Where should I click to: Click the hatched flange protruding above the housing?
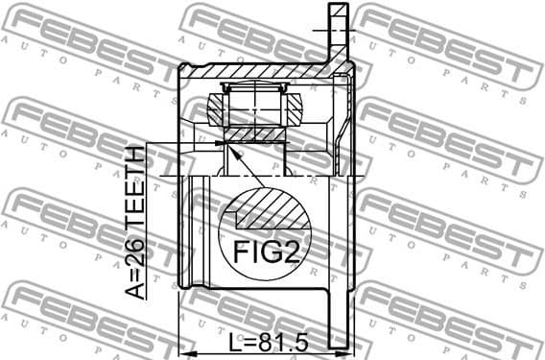pyautogui.click(x=336, y=29)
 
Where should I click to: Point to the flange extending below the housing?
pyautogui.click(x=336, y=317)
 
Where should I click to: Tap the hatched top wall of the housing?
pyautogui.click(x=259, y=70)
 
